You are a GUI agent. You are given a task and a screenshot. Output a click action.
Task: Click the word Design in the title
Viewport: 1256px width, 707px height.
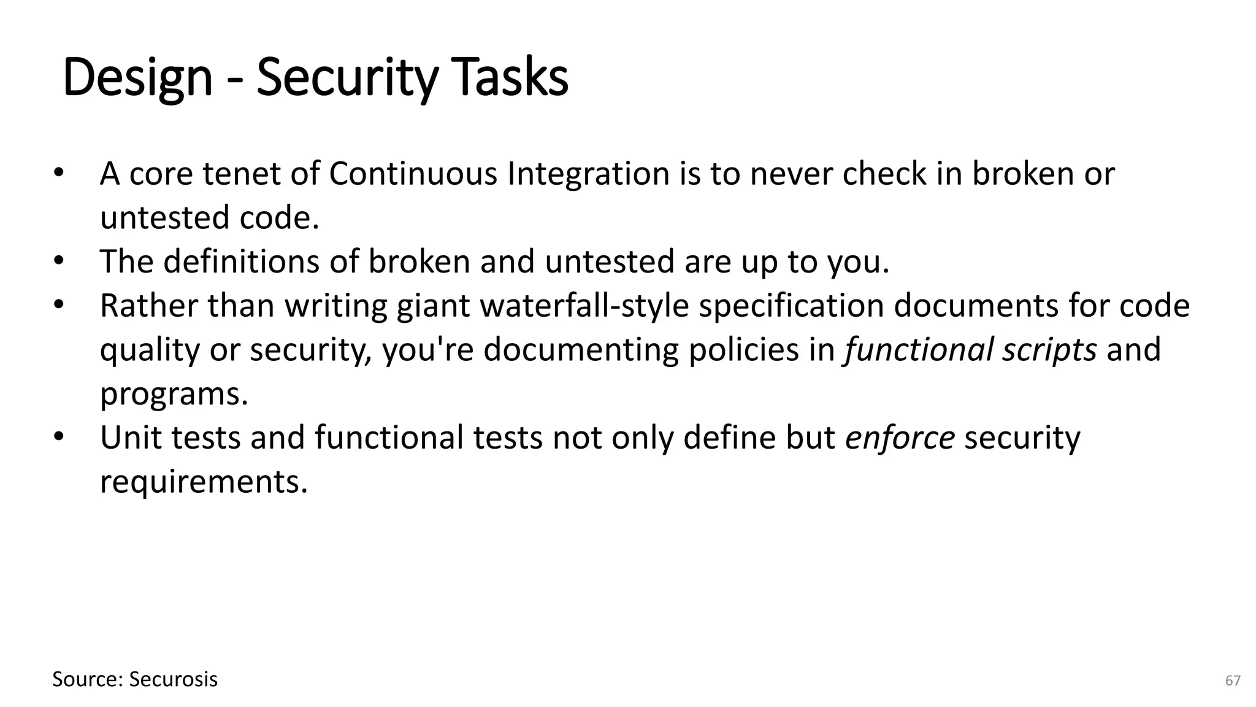[x=137, y=78]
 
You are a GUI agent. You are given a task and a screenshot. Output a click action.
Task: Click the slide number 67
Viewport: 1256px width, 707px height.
[x=1233, y=681]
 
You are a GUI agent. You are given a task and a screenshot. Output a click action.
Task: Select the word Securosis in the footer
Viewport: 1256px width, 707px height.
[x=174, y=679]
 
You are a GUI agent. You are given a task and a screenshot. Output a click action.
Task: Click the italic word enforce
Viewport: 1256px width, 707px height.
[x=899, y=438]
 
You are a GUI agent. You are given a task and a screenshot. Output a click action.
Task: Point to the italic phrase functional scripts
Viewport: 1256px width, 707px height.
[x=970, y=350]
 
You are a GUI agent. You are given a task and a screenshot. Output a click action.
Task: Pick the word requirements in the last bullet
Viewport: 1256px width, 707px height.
[x=203, y=482]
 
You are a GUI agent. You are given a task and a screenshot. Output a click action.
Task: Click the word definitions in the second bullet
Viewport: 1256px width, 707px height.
[x=241, y=261]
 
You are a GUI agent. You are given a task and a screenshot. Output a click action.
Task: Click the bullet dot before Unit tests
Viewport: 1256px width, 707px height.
[x=58, y=437]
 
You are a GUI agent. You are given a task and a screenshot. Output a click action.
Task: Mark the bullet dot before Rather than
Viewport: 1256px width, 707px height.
[x=58, y=305]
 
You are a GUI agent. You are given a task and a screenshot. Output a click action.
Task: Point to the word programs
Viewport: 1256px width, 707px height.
[x=174, y=394]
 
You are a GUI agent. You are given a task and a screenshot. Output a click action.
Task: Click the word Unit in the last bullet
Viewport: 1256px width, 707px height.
[x=131, y=438]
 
